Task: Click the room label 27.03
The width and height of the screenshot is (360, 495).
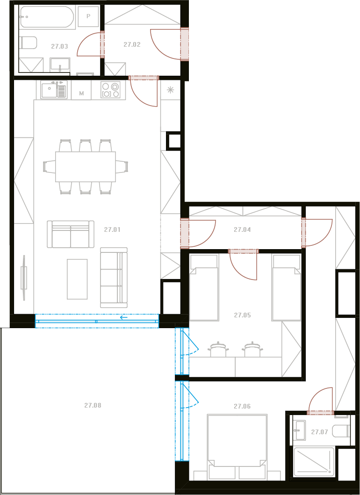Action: coord(59,46)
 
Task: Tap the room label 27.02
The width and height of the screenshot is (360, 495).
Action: coord(132,44)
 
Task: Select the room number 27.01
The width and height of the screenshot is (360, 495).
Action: coord(112,230)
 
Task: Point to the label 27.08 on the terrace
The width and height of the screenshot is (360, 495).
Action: coord(93,405)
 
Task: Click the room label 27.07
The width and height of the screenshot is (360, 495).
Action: coord(320,432)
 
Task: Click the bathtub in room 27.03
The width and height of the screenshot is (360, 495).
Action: coord(47,17)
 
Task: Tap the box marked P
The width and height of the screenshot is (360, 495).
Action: coord(88,16)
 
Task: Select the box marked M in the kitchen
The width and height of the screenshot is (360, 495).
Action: coord(81,93)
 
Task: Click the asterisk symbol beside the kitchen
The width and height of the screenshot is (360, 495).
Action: coord(170,90)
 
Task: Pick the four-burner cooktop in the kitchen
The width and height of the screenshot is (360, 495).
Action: coord(110,90)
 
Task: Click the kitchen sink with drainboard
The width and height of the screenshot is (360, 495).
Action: coord(54,90)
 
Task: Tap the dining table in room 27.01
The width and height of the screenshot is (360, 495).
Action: coord(85,167)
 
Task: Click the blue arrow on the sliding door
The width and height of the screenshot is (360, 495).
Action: coord(124,317)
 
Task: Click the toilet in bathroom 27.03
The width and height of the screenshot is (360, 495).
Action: coord(28,43)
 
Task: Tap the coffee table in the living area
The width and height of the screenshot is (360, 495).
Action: coord(77,279)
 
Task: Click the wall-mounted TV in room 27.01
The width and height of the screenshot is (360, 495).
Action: coord(24,278)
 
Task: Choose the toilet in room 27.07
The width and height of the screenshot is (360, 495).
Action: coord(343,430)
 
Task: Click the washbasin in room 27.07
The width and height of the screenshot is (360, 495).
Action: coord(299,430)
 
